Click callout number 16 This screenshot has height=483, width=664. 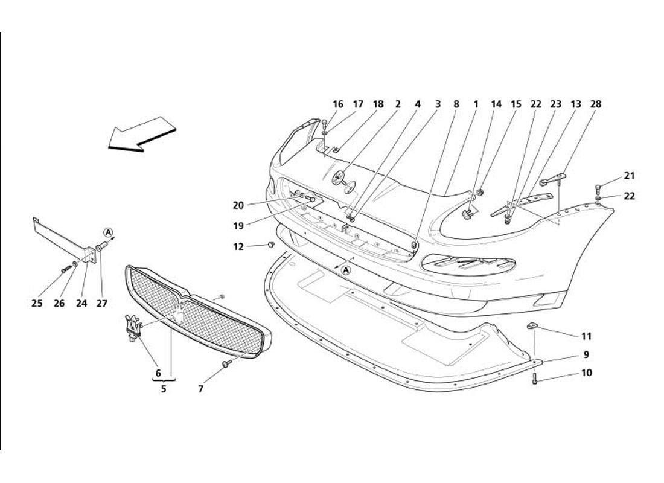338,104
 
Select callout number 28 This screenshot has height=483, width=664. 596,104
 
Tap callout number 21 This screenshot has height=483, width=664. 630,176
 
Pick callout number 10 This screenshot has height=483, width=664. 586,373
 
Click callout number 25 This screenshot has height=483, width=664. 37,304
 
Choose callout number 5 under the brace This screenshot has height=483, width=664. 163,389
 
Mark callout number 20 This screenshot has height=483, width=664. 238,205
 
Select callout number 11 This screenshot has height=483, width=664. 586,336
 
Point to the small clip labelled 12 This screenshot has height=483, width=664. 271,245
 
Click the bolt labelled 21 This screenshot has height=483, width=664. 598,187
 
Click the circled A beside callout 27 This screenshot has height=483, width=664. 107,232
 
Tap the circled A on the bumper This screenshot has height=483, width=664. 346,270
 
